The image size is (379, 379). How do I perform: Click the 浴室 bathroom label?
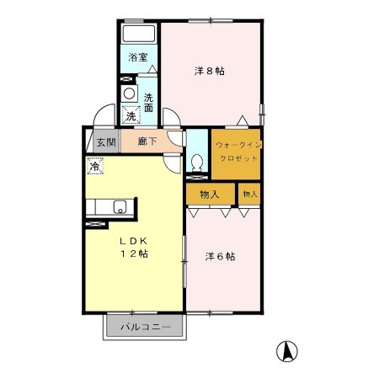pyautogui.click(x=138, y=58)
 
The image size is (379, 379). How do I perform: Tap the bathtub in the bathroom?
pyautogui.click(x=138, y=35)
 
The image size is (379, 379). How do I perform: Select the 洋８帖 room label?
pyautogui.click(x=211, y=72)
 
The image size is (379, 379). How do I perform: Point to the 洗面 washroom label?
pyautogui.click(x=148, y=102)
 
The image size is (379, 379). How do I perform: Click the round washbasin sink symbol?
pyautogui.click(x=129, y=93)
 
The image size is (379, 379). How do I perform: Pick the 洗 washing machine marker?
pyautogui.click(x=131, y=115)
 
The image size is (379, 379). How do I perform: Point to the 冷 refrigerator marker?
pyautogui.click(x=94, y=167)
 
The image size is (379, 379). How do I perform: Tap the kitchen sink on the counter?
pyautogui.click(x=120, y=205)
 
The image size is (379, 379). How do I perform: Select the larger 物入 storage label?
pyautogui.click(x=210, y=195)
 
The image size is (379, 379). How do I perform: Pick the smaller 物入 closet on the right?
pyautogui.click(x=249, y=195)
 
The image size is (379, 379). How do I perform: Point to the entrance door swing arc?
pyautogui.click(x=105, y=115)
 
